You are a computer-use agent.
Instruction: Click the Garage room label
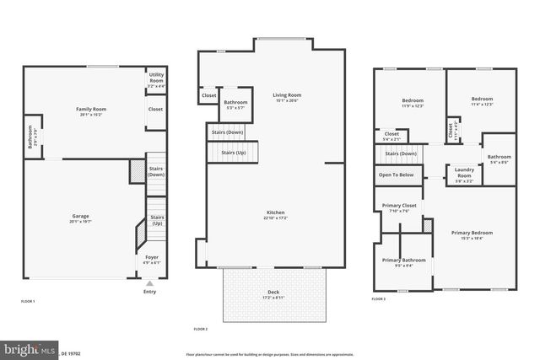pos(80,216)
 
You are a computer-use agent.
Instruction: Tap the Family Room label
pos(91,110)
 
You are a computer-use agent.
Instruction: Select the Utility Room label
pos(156,77)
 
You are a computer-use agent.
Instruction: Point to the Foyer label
pos(151,257)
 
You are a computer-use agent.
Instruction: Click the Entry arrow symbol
pos(150,283)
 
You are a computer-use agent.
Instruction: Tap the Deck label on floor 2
pos(273,291)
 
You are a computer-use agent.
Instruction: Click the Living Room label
pos(287,95)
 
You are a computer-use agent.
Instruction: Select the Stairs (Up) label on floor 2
pos(233,153)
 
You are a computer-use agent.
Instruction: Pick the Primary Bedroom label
pos(472,232)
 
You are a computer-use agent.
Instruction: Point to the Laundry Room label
pos(463,172)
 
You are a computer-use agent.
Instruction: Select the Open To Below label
pos(396,175)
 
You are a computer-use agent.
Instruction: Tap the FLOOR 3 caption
pos(378,299)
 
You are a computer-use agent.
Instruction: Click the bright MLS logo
pos(29,348)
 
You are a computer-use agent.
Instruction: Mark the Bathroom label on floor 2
pos(235,102)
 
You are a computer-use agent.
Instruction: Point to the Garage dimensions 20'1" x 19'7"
pos(80,222)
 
